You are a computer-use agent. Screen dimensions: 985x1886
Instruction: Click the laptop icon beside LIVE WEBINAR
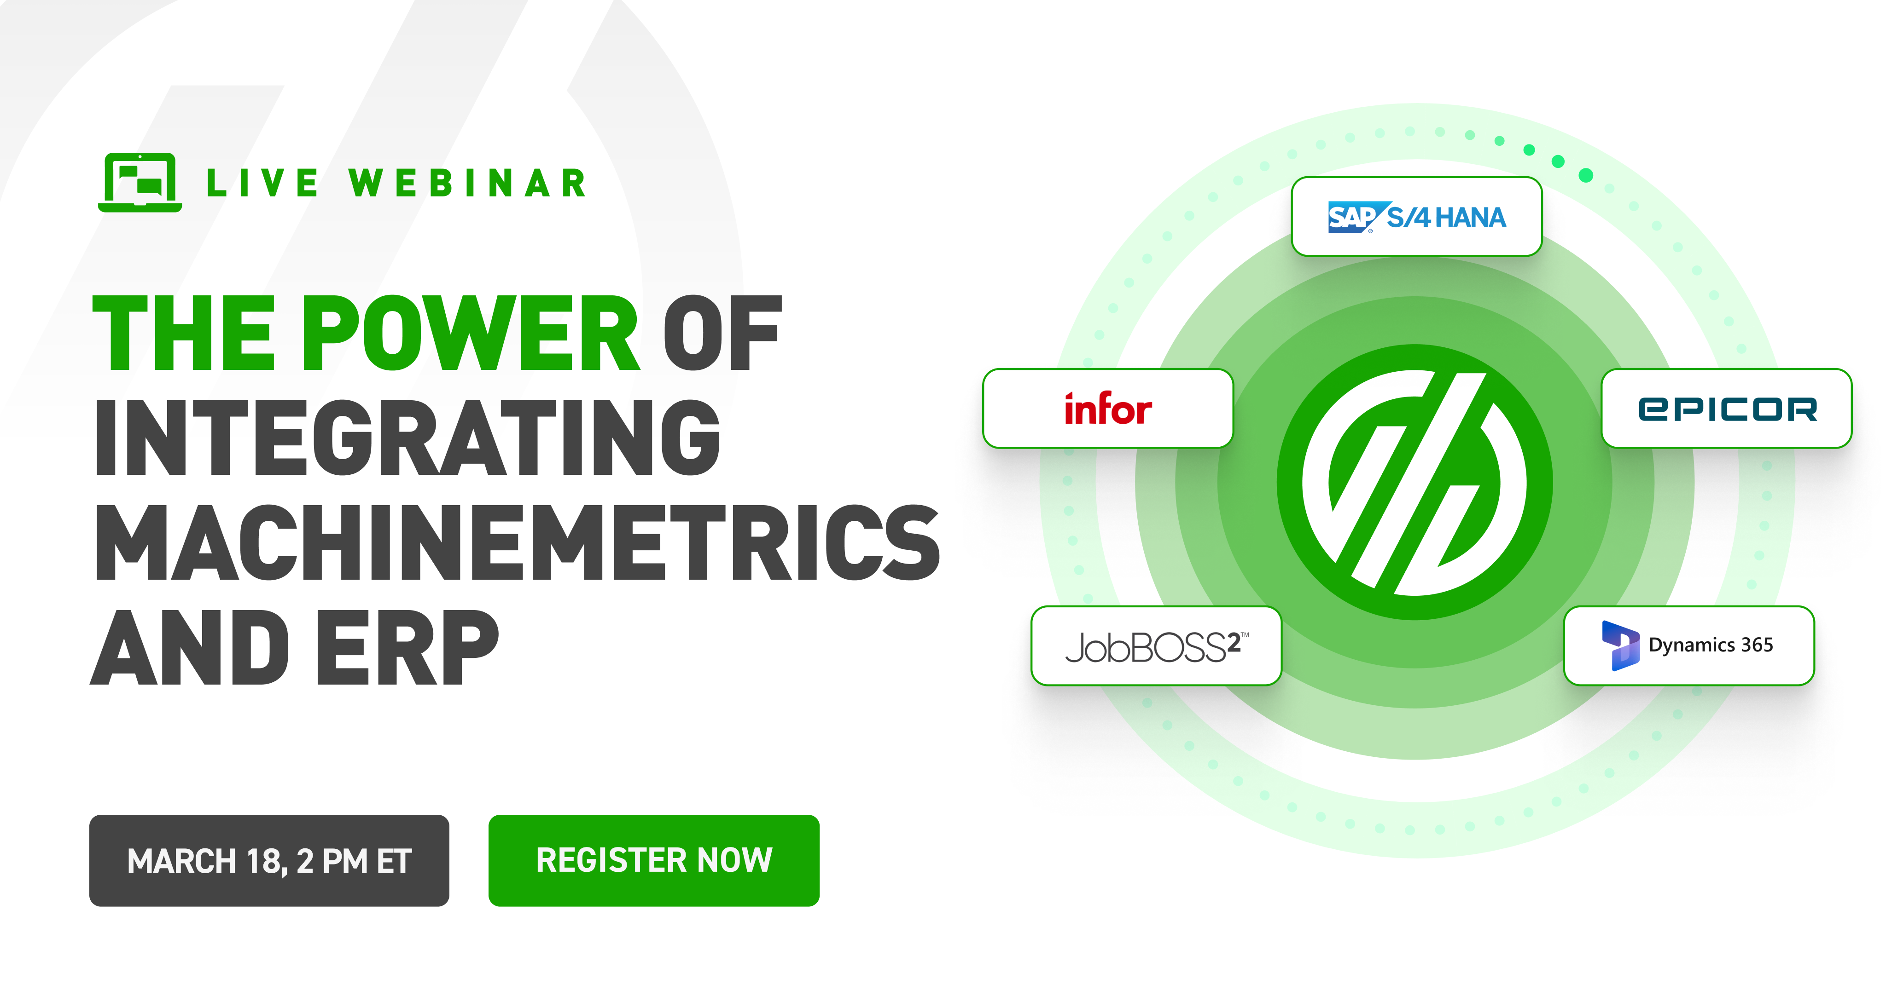pos(140,182)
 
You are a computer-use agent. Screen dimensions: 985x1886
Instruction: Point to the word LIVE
pos(262,183)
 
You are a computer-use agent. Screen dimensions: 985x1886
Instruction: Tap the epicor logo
pos(1726,409)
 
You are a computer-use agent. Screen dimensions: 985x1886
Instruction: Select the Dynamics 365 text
pos(1710,645)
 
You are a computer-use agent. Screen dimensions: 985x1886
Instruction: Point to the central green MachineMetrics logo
pos(1414,482)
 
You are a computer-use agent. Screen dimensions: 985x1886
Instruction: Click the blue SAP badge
pos(1351,217)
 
